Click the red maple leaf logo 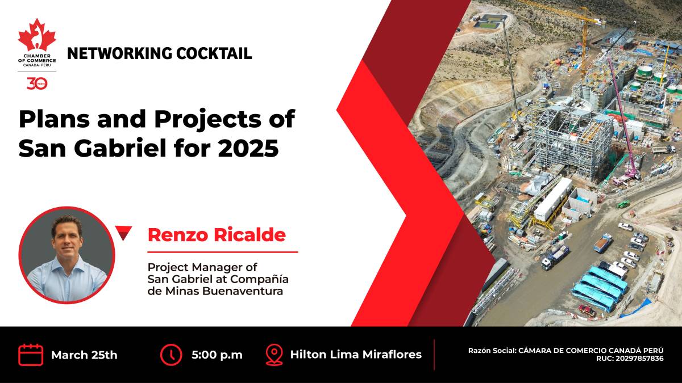pyautogui.click(x=37, y=35)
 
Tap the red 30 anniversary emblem pyautogui.click(x=37, y=83)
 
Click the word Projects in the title pyautogui.click(x=207, y=120)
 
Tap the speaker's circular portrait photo pyautogui.click(x=66, y=255)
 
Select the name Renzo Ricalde pyautogui.click(x=217, y=235)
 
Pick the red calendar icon pyautogui.click(x=31, y=355)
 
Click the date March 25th pyautogui.click(x=84, y=355)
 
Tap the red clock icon pyautogui.click(x=171, y=355)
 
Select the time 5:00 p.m pyautogui.click(x=217, y=355)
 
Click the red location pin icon pyautogui.click(x=275, y=355)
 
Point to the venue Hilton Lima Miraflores pyautogui.click(x=356, y=355)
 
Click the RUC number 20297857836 pyautogui.click(x=640, y=359)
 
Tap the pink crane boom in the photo pyautogui.click(x=623, y=116)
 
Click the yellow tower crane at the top pyautogui.click(x=583, y=36)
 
